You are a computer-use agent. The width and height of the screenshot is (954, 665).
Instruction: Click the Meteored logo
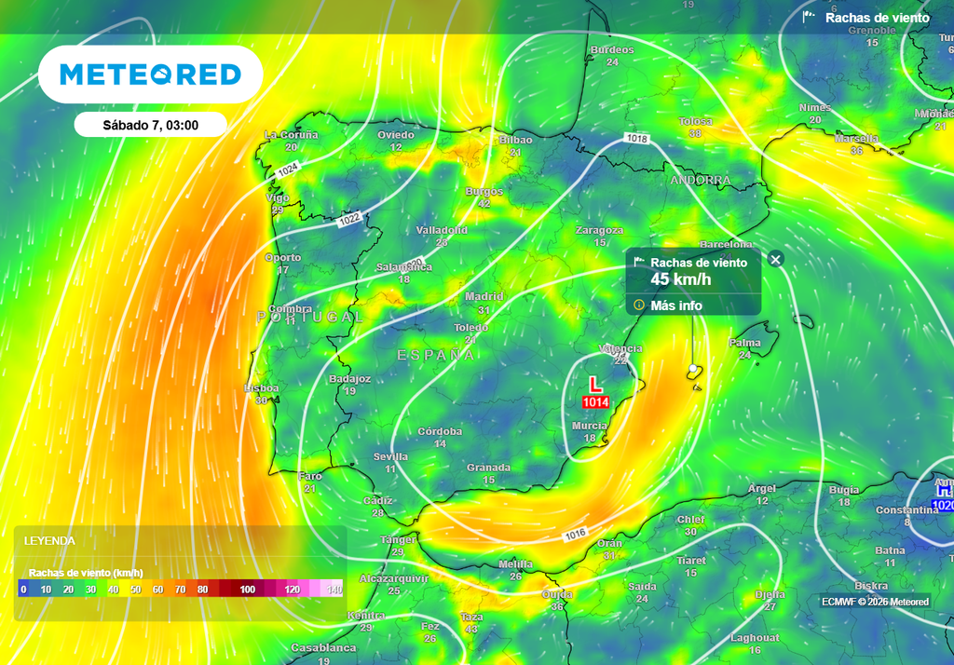(x=150, y=75)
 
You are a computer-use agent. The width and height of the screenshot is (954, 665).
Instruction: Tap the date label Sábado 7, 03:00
(x=150, y=124)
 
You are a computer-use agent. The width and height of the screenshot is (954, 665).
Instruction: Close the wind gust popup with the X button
(x=776, y=259)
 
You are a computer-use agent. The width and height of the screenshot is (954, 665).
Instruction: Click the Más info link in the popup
(x=676, y=305)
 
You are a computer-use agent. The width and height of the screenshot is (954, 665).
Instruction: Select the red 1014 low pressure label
(x=595, y=402)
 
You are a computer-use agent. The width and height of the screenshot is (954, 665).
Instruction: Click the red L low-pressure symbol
(x=596, y=384)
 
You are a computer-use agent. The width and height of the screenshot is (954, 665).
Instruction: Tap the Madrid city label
(x=484, y=297)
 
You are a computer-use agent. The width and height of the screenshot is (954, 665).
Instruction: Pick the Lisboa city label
(x=261, y=387)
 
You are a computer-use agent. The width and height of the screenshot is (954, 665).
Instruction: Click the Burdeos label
(x=612, y=50)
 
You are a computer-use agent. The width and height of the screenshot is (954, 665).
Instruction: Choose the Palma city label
(x=744, y=343)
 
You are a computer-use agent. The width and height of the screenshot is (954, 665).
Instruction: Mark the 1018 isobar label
(x=636, y=139)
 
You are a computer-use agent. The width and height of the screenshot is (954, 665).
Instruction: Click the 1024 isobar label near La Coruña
(x=287, y=170)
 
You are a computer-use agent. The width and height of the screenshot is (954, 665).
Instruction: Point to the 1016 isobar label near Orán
(x=575, y=535)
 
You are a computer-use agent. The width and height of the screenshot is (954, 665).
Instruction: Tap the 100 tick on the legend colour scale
(x=248, y=590)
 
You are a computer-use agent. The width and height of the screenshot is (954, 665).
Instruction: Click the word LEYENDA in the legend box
(x=49, y=540)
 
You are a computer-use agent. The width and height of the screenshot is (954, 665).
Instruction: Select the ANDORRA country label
(x=700, y=180)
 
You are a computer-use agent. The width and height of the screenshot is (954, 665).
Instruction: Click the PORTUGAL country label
(x=309, y=318)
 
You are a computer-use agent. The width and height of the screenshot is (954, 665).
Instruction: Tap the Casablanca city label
(x=323, y=647)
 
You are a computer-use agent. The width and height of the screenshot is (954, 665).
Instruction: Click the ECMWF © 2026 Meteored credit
(x=875, y=602)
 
